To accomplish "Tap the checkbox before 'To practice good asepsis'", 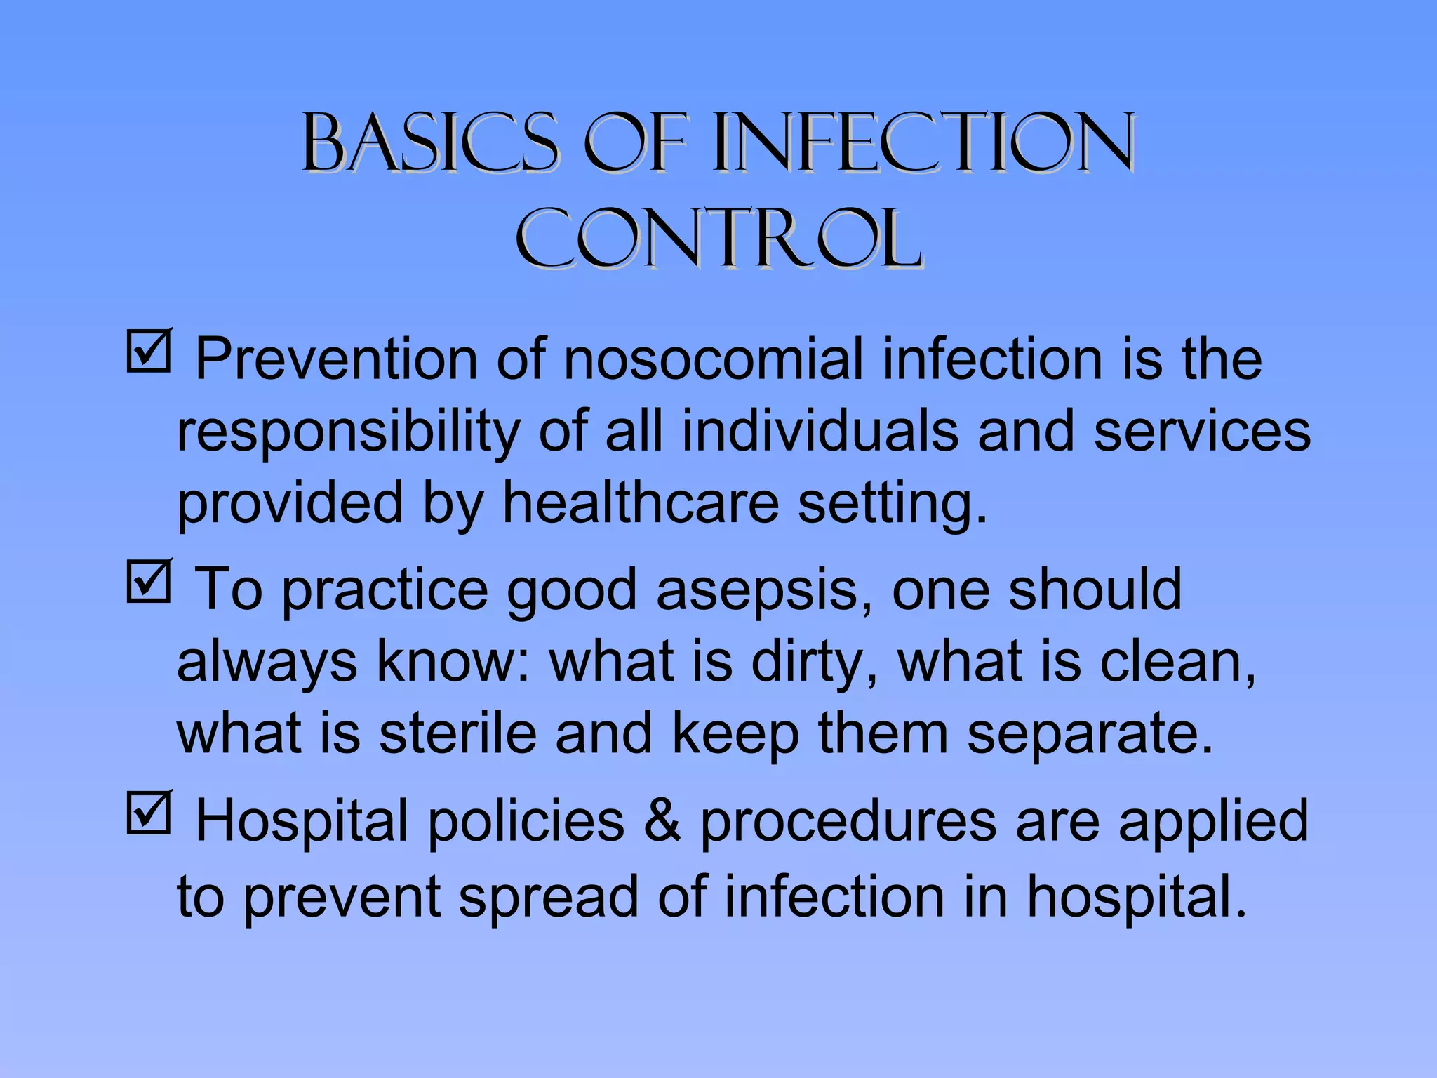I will pos(148,582).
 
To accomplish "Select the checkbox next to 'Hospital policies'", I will pos(148,813).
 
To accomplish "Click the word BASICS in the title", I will pos(429,143).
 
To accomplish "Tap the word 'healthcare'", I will pos(641,503).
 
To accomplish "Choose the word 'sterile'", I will pos(457,733).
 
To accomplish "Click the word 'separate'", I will pos(1090,735).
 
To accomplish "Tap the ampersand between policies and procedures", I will pos(662,821).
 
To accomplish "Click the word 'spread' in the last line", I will pos(549,897).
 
